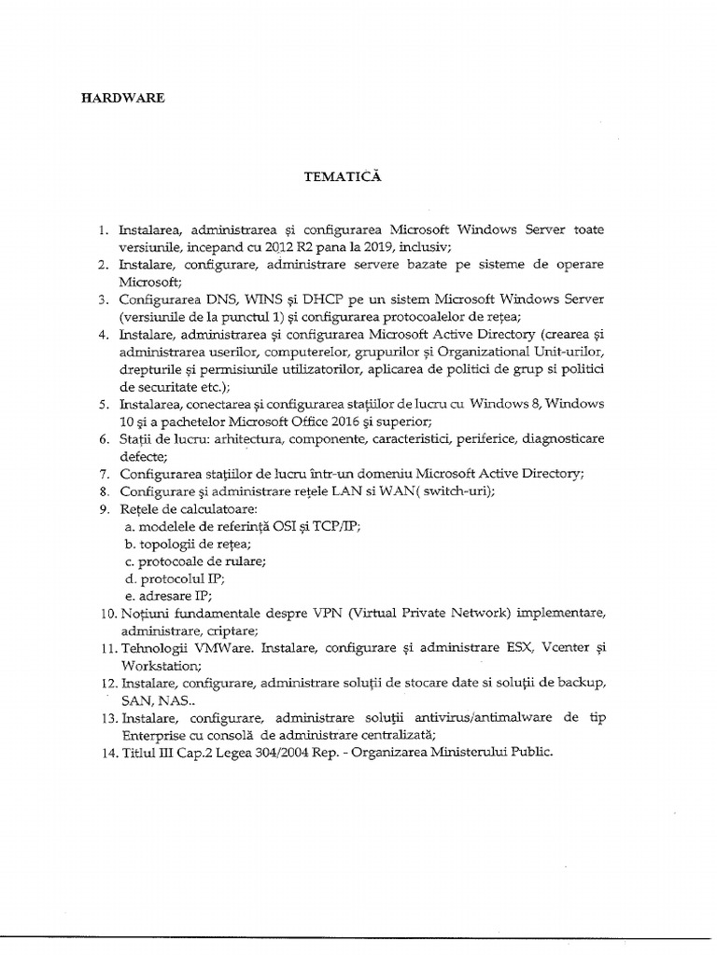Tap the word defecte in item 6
pos(142,455)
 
